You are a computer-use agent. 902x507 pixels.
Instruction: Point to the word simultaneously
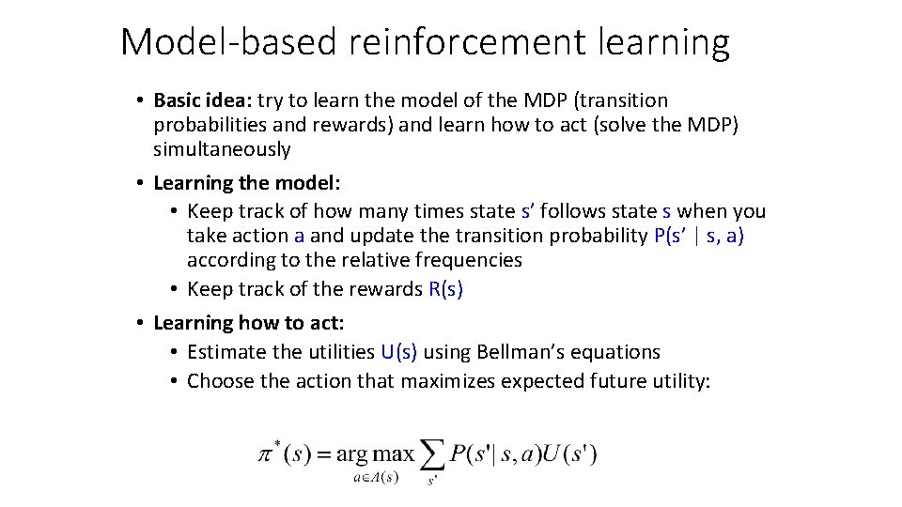(223, 149)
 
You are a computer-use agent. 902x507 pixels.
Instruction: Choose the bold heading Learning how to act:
(249, 323)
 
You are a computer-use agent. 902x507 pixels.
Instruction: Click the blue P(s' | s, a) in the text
(698, 236)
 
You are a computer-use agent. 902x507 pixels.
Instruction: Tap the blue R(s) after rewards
(446, 289)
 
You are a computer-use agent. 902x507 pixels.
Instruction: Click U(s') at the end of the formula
(568, 454)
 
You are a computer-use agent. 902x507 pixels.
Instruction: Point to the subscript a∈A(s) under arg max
(376, 477)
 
